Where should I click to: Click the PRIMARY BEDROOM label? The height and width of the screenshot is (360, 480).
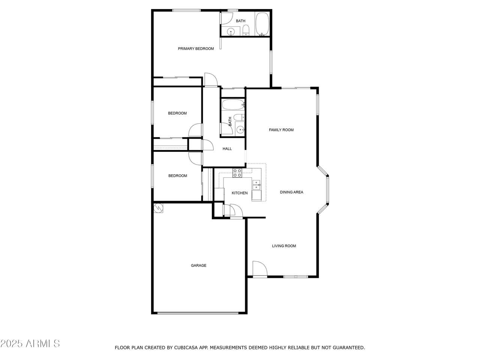[x=196, y=48]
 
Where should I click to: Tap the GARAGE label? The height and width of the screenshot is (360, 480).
[x=198, y=265]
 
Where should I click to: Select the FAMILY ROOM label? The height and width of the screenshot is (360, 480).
[x=281, y=130]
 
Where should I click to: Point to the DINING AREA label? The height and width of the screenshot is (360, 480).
[x=291, y=192]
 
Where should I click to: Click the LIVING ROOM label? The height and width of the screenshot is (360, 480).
[x=284, y=246]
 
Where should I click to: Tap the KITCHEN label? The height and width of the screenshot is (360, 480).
[x=240, y=193]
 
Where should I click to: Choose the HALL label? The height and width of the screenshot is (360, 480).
[x=227, y=149]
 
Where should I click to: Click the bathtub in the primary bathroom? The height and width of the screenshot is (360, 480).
[x=262, y=24]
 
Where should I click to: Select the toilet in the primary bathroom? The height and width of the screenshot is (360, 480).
[x=246, y=30]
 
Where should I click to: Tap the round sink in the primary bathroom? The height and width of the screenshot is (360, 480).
[x=231, y=32]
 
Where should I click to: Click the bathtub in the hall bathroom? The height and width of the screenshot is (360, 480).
[x=233, y=105]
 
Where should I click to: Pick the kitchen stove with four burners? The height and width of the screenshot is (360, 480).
[x=237, y=173]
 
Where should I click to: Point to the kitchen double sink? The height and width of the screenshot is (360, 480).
[x=256, y=185]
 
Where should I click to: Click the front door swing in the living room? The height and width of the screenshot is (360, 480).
[x=260, y=268]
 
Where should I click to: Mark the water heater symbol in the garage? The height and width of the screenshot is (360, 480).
[x=158, y=208]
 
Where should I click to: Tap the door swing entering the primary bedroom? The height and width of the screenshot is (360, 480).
[x=211, y=79]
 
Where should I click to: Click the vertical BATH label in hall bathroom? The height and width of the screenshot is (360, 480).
[x=230, y=121]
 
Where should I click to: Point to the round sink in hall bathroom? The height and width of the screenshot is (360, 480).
[x=240, y=130]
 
